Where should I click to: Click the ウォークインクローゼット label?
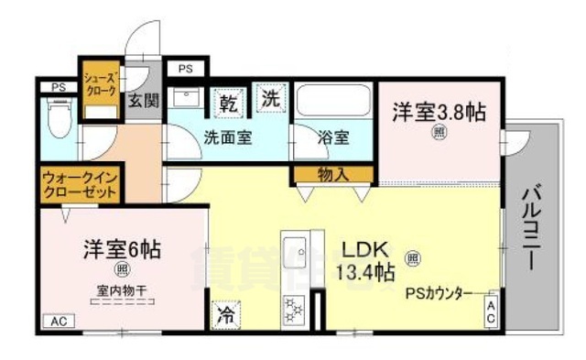(x=81, y=186)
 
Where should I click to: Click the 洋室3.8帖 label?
(x=439, y=113)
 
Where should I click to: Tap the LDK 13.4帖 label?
(x=369, y=260)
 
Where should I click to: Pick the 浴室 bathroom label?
(x=332, y=138)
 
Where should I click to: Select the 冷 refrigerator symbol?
(x=224, y=314)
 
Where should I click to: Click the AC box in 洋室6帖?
(x=59, y=321)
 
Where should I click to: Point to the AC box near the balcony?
(x=490, y=311)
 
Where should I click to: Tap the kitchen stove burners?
(x=296, y=311)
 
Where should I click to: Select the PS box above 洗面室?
(x=185, y=68)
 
